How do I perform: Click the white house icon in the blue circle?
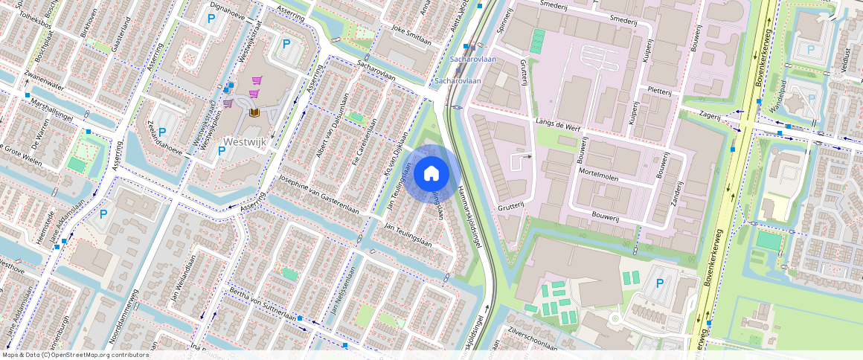tap(431, 174)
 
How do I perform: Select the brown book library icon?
tap(254, 112)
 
